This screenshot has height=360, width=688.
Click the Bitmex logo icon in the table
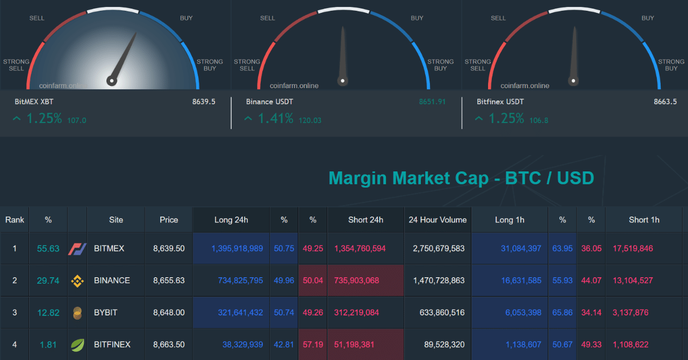point(77,249)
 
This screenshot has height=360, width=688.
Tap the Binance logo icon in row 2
point(77,280)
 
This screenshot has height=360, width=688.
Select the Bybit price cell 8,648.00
point(169,313)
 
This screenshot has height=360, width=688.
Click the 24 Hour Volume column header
point(438,220)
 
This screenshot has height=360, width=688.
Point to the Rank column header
point(15,220)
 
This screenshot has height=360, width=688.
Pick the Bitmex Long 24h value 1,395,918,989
point(237,249)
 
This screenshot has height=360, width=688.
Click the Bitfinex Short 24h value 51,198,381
point(360,344)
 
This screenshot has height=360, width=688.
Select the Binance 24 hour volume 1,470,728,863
point(439,280)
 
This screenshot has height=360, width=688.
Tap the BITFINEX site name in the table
point(112,344)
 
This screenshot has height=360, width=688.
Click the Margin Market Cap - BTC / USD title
point(461,178)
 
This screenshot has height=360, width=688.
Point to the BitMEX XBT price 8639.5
point(204,102)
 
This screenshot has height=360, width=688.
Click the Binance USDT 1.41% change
point(275,119)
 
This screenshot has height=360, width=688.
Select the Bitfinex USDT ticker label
point(500,102)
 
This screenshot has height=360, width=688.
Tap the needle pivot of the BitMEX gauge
point(112,81)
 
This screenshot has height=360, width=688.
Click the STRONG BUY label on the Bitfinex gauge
point(671,65)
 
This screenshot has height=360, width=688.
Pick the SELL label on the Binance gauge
point(268,18)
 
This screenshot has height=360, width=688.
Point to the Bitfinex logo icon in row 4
point(77,344)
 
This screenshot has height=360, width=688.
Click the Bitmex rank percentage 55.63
point(48,249)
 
